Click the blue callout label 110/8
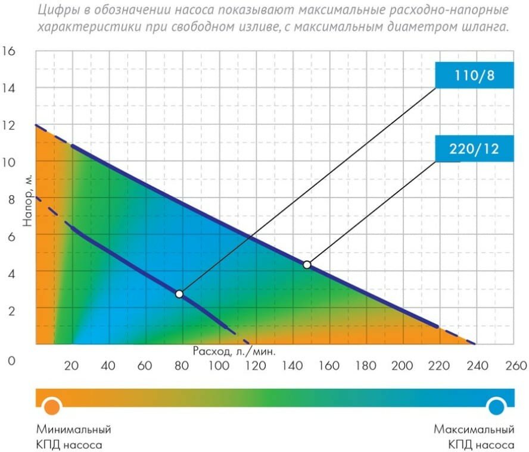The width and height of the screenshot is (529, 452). pos(474,76)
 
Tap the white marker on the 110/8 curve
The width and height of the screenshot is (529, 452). pos(179,294)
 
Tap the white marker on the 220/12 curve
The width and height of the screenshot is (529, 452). pos(307,265)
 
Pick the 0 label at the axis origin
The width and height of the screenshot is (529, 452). pos(11,361)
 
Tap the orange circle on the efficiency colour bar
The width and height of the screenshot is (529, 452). pos(52,406)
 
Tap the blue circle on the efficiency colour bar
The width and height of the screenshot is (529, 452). pos(496,406)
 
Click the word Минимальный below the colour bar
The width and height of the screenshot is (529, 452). pos(73,429)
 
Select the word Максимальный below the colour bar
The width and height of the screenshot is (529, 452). pos(474,429)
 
